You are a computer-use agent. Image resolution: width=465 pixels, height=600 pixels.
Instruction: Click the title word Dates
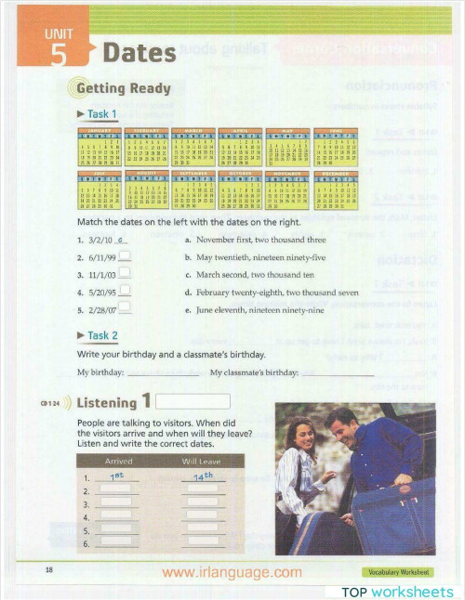(x=139, y=53)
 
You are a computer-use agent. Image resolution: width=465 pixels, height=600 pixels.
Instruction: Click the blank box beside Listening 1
(x=193, y=402)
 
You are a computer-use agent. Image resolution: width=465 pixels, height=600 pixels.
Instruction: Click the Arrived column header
(x=118, y=461)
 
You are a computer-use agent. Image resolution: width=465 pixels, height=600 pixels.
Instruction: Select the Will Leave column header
(x=201, y=461)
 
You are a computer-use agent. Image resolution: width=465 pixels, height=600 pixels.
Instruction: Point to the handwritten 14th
(x=202, y=477)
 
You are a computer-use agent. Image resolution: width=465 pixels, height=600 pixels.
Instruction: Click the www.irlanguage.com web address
(x=232, y=572)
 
